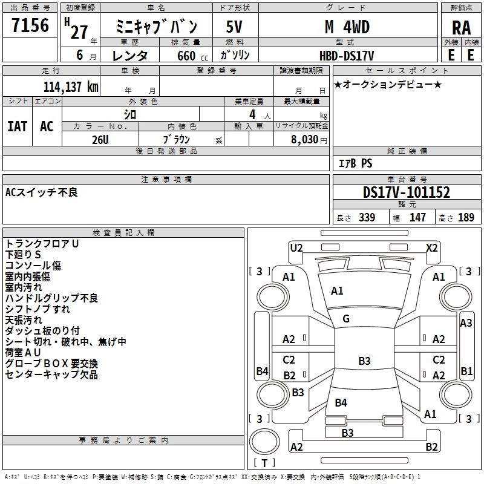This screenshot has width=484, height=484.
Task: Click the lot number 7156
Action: click(30, 25)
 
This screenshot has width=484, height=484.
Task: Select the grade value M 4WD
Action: click(347, 27)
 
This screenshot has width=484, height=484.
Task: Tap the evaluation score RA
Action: click(462, 28)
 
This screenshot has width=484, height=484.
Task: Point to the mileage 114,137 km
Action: click(71, 87)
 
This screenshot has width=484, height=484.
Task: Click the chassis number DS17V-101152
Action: click(407, 192)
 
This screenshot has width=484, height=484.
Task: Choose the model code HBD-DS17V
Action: click(347, 56)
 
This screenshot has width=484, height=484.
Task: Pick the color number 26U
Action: click(100, 140)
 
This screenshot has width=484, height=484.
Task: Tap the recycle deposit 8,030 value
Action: click(304, 140)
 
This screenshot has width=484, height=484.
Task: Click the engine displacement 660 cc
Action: click(192, 56)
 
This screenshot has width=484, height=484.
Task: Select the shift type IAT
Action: click(18, 126)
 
